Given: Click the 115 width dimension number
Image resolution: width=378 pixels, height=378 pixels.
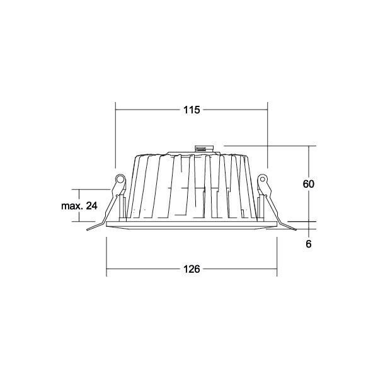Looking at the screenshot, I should point(192,110).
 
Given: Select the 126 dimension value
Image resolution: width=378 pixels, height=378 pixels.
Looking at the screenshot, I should point(192,269).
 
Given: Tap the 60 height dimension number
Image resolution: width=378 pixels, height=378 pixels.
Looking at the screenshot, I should point(308,184).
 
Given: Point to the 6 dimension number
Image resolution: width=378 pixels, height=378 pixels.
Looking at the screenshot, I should point(308,243).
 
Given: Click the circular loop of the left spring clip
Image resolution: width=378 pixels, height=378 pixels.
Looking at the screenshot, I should point(119,181).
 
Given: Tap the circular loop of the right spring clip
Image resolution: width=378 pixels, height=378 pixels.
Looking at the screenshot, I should point(263,181).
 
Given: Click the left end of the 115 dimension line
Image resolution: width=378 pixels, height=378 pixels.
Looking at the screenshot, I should point(115,110).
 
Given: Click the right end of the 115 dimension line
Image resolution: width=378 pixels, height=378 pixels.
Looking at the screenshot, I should point(268,110).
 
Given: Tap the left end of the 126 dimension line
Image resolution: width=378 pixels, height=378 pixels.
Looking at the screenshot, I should point(106,269).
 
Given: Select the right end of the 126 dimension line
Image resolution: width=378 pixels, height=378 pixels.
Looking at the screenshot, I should point(277,269).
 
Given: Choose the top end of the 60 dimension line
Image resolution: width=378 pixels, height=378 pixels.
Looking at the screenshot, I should point(309,147).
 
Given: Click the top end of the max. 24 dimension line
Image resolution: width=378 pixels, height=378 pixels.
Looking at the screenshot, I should point(78,189).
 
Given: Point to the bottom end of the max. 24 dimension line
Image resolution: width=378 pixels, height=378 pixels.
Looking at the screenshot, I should point(78,222).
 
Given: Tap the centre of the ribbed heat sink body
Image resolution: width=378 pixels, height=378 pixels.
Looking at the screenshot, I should point(192,189).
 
